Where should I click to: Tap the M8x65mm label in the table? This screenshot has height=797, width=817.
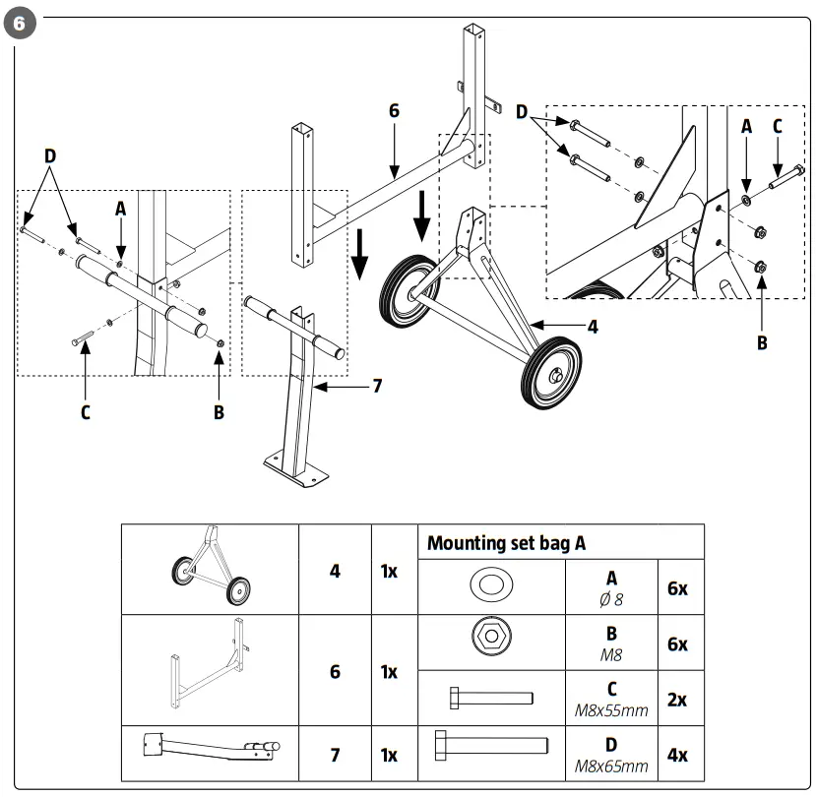611,766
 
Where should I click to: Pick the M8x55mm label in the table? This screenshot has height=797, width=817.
611,709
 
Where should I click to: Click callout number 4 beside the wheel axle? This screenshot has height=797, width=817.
592,327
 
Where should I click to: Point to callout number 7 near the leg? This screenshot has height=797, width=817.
376,387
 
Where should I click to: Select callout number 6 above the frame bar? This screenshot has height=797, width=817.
394,111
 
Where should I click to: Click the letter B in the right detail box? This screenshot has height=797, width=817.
761,343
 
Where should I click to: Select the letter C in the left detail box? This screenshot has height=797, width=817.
85,412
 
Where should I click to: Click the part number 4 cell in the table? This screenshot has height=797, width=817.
335,570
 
